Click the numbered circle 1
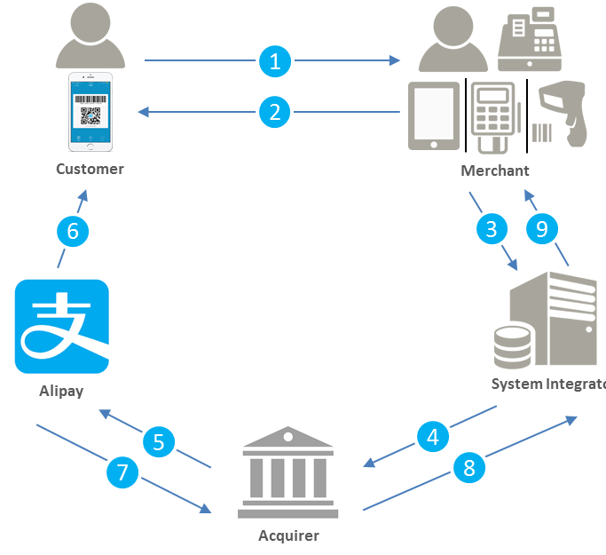(x=275, y=60)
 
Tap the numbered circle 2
(x=275, y=112)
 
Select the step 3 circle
(x=491, y=229)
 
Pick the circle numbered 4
(x=433, y=436)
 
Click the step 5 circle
(x=159, y=441)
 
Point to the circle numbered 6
(x=74, y=231)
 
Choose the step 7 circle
(x=124, y=472)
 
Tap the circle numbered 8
(x=470, y=467)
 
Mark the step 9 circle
(x=541, y=229)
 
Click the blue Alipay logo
(x=62, y=327)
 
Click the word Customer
(x=90, y=169)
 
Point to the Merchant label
(x=495, y=170)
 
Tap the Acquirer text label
(x=288, y=535)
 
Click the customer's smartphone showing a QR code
(x=91, y=114)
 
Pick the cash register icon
(x=530, y=40)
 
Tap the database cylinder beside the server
(x=513, y=346)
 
